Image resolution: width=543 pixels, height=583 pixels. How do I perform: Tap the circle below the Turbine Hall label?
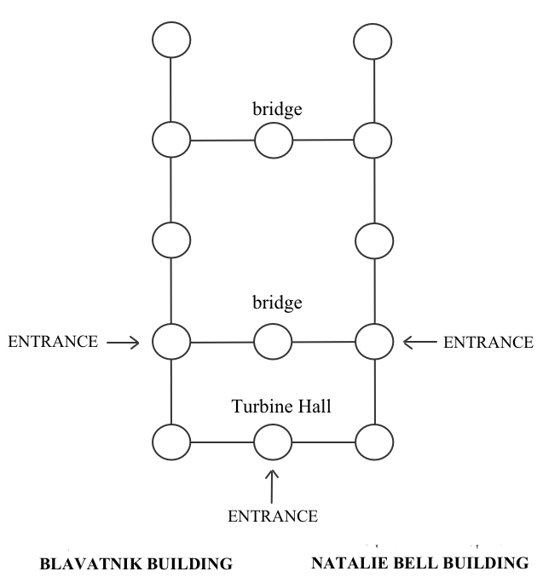pyautogui.click(x=272, y=442)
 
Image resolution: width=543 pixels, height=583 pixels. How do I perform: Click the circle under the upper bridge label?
pyautogui.click(x=273, y=140)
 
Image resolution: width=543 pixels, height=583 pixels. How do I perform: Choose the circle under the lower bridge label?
pyautogui.click(x=273, y=343)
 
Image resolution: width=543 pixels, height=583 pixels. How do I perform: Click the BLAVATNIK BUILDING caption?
pyautogui.click(x=137, y=563)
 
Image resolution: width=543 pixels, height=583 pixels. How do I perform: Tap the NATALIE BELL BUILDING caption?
pyautogui.click(x=419, y=563)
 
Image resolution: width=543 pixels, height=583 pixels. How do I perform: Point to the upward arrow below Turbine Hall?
pyautogui.click(x=272, y=483)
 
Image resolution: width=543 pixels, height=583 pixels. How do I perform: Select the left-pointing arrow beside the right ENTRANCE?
pyautogui.click(x=419, y=343)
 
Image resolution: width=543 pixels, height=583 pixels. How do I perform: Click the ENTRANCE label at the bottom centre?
pyautogui.click(x=272, y=516)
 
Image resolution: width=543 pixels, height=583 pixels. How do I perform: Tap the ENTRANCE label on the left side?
pyautogui.click(x=54, y=343)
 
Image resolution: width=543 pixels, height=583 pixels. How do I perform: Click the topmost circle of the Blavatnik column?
pyautogui.click(x=170, y=39)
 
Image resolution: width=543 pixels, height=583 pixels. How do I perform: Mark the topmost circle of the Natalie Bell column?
pyautogui.click(x=373, y=39)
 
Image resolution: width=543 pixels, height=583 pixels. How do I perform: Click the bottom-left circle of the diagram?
pyautogui.click(x=170, y=442)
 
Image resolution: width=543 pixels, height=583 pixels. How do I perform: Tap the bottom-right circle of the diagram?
pyautogui.click(x=373, y=442)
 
